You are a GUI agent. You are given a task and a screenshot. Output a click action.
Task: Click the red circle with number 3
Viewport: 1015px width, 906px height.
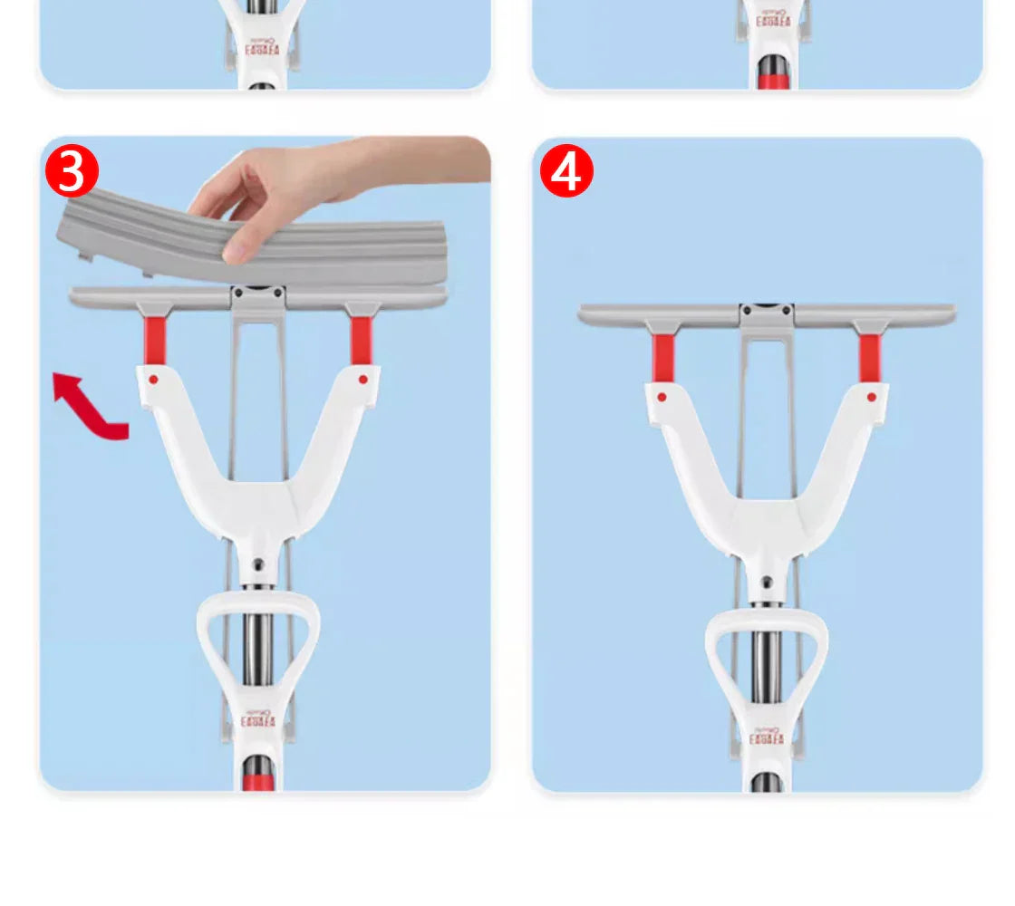tap(72, 171)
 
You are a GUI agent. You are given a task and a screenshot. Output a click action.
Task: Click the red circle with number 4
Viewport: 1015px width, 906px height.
tap(566, 171)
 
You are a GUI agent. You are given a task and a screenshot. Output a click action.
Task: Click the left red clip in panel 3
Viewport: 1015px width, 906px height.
tap(156, 340)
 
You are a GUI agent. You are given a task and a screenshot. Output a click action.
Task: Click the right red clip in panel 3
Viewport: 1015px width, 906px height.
tap(362, 340)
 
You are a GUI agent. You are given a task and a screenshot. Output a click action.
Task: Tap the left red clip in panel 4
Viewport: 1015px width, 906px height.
tap(663, 357)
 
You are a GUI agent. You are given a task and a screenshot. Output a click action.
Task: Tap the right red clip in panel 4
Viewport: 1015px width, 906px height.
tap(869, 357)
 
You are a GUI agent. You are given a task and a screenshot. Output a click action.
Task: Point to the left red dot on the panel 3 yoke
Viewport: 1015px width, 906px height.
tap(153, 379)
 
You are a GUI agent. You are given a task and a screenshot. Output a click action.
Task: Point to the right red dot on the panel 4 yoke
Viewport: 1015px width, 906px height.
tap(872, 397)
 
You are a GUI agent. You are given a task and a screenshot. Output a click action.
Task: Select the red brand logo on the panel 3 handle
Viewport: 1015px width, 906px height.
tap(258, 722)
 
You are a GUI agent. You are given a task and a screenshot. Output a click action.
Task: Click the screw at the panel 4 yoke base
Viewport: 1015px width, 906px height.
tap(767, 583)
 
